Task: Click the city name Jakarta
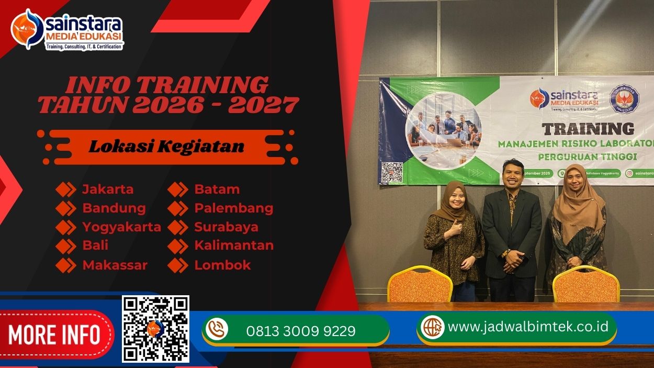click(108, 189)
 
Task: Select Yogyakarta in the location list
click(121, 227)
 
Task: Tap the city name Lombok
click(222, 265)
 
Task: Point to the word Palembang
click(233, 208)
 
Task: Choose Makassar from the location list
click(115, 265)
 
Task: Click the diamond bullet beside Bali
click(66, 246)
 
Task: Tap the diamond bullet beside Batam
click(178, 189)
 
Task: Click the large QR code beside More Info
click(155, 329)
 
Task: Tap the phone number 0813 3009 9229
click(300, 331)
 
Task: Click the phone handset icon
click(217, 329)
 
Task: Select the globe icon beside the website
click(433, 327)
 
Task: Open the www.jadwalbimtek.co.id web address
click(528, 327)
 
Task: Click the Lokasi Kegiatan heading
click(166, 147)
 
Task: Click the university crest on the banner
click(625, 99)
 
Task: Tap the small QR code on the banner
click(392, 172)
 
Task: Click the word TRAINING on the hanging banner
click(588, 129)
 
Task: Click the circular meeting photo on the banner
click(444, 130)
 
